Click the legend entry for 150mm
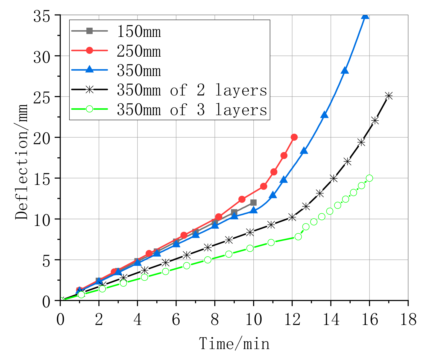point(139,32)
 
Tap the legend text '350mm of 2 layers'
point(192,90)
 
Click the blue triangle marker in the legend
point(89,70)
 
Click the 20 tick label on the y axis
point(42,138)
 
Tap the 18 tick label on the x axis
point(408,319)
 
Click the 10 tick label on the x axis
point(253,319)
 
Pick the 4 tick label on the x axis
point(137,319)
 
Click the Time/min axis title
point(234,344)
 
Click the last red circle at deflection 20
point(294,137)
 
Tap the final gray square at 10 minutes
point(253,202)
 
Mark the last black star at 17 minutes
point(389,96)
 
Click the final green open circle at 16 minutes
point(369,178)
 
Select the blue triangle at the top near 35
point(365,16)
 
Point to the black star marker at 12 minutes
point(292,217)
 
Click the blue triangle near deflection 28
point(345,71)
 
